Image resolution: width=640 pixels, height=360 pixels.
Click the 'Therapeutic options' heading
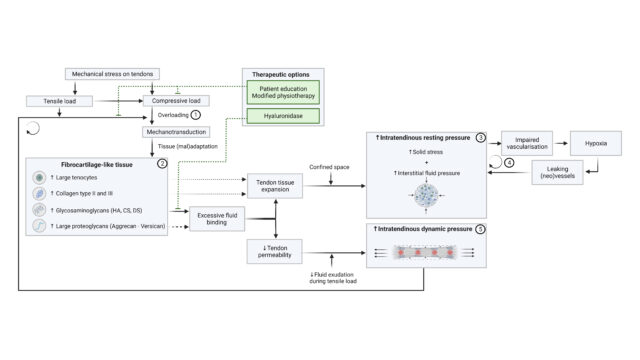[275, 75]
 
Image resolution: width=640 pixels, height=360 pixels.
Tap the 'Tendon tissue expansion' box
[276, 186]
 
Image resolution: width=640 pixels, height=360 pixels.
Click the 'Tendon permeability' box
[276, 250]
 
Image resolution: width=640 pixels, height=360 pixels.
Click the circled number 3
[481, 136]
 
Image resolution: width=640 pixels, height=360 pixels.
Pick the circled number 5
[481, 230]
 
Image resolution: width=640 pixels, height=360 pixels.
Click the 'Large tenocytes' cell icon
[38, 176]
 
